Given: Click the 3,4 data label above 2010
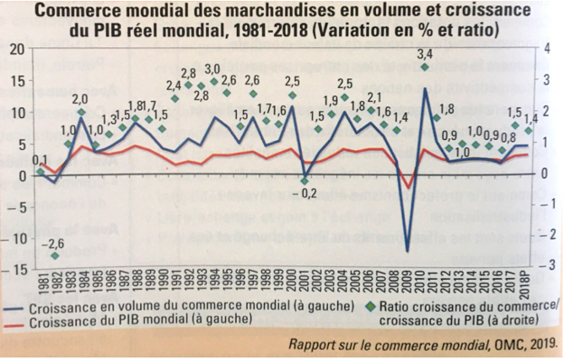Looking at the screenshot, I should [426, 55].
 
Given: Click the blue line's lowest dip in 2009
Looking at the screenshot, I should [408, 250].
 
